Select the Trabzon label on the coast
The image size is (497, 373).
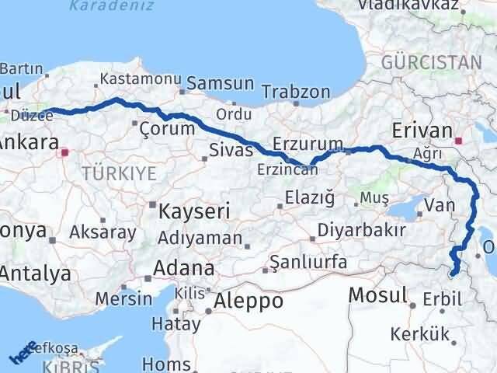click(x=296, y=92)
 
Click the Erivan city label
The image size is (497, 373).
click(x=422, y=129)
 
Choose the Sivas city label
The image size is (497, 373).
click(x=231, y=149)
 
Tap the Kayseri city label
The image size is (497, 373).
click(x=192, y=211)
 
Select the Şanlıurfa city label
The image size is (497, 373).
click(x=309, y=263)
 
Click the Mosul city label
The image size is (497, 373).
click(x=378, y=295)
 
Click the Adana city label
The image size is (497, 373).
click(x=184, y=269)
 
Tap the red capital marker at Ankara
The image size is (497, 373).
click(x=66, y=152)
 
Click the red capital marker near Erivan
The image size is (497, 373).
click(x=459, y=141)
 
